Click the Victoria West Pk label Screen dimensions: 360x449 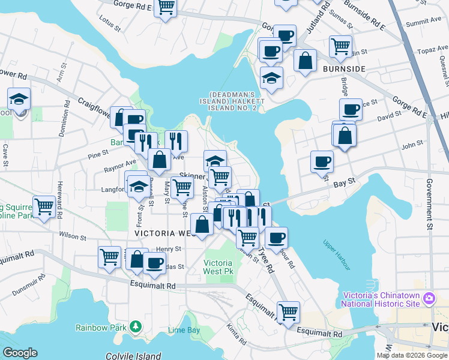[x=218, y=267]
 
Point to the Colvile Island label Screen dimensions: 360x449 [x=133, y=355]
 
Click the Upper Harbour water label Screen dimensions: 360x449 [x=336, y=254]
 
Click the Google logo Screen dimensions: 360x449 [x=20, y=353]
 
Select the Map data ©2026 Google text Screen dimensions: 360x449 [x=411, y=355]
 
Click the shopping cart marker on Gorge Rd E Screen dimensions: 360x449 [x=165, y=8]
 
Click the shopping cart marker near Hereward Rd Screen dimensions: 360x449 [x=44, y=207]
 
